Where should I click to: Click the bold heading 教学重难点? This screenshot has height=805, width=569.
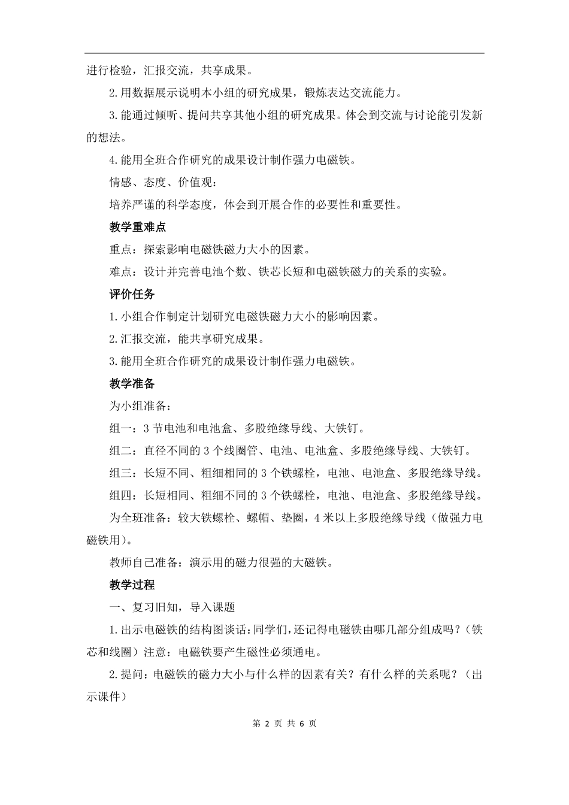[138, 227]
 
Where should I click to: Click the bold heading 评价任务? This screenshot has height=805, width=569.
[132, 294]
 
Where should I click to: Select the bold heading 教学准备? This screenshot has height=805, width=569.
[132, 384]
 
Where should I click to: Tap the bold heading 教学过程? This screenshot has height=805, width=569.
[132, 585]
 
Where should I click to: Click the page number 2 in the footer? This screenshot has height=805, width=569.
[267, 724]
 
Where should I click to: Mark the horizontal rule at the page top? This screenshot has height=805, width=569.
[284, 53]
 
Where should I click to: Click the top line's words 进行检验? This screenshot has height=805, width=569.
[110, 71]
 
